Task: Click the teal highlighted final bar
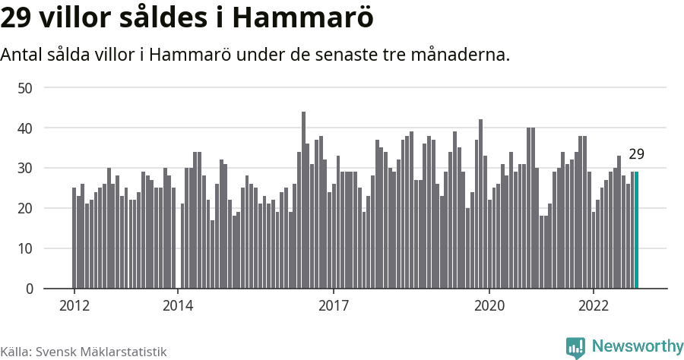pos(637,230)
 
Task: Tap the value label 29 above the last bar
pos(637,154)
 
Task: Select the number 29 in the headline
pos(17,19)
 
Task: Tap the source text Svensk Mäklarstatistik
pos(101,352)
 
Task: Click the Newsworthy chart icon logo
pos(575,347)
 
